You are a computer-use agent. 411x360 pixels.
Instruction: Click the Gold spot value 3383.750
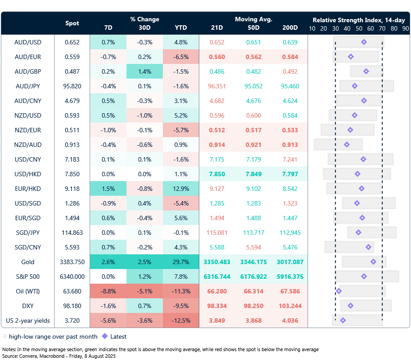coord(72,262)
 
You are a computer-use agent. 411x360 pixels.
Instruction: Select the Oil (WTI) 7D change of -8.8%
coord(108,291)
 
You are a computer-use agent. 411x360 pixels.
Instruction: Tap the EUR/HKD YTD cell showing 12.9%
coord(181,189)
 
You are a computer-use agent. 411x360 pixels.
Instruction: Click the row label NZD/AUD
coord(28,145)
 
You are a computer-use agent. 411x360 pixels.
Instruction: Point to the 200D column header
coord(290,28)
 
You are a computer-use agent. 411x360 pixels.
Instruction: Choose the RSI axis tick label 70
coord(382,28)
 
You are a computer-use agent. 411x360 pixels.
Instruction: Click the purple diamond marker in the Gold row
coord(373,262)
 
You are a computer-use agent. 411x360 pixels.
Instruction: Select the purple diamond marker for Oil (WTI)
coord(339,291)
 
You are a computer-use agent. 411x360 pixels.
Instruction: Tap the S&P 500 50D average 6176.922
coord(253,277)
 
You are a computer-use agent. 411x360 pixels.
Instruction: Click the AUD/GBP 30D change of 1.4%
coord(145,71)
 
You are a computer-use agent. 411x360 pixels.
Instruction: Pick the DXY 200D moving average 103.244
coord(290,306)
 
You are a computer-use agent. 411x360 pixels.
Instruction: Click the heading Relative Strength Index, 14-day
coord(358,20)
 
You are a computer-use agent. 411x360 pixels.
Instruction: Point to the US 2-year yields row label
coord(28,320)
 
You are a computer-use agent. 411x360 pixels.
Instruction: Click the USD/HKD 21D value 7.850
coord(217,174)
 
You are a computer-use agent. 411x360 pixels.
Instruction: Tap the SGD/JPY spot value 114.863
coord(72,233)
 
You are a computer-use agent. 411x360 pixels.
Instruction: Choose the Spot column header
coord(72,23)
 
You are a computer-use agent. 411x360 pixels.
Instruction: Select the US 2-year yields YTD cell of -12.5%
coord(181,320)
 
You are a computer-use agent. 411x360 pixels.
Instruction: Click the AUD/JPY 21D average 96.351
coord(217,86)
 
